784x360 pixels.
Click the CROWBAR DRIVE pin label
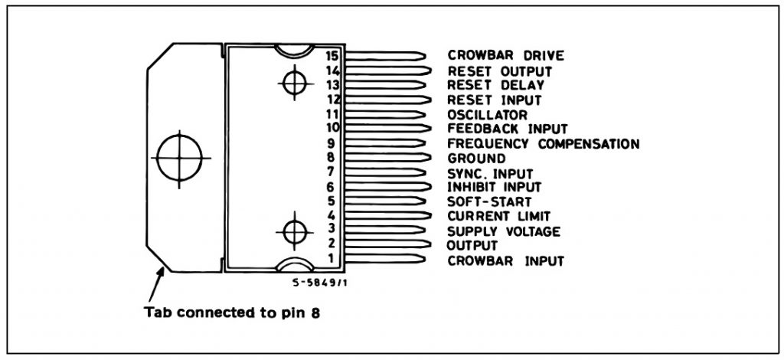[505, 56]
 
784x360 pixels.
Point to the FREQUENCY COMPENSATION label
[543, 143]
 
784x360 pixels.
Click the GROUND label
[476, 159]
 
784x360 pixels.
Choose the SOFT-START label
[485, 201]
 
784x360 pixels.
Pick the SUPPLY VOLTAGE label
[504, 231]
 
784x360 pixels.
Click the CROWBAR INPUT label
[505, 260]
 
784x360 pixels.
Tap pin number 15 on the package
[332, 56]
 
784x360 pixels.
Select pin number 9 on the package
[332, 142]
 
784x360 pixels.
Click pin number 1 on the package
[332, 259]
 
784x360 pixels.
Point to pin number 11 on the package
[332, 113]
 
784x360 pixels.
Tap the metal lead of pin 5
[383, 201]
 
